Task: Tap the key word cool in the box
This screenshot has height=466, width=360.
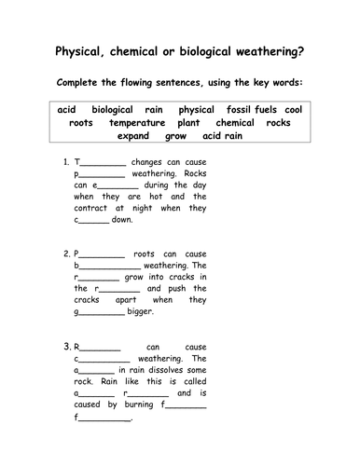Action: tap(292, 109)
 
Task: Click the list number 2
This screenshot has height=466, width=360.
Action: tap(64, 253)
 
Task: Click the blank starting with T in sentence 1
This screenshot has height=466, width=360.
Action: tap(99, 162)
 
